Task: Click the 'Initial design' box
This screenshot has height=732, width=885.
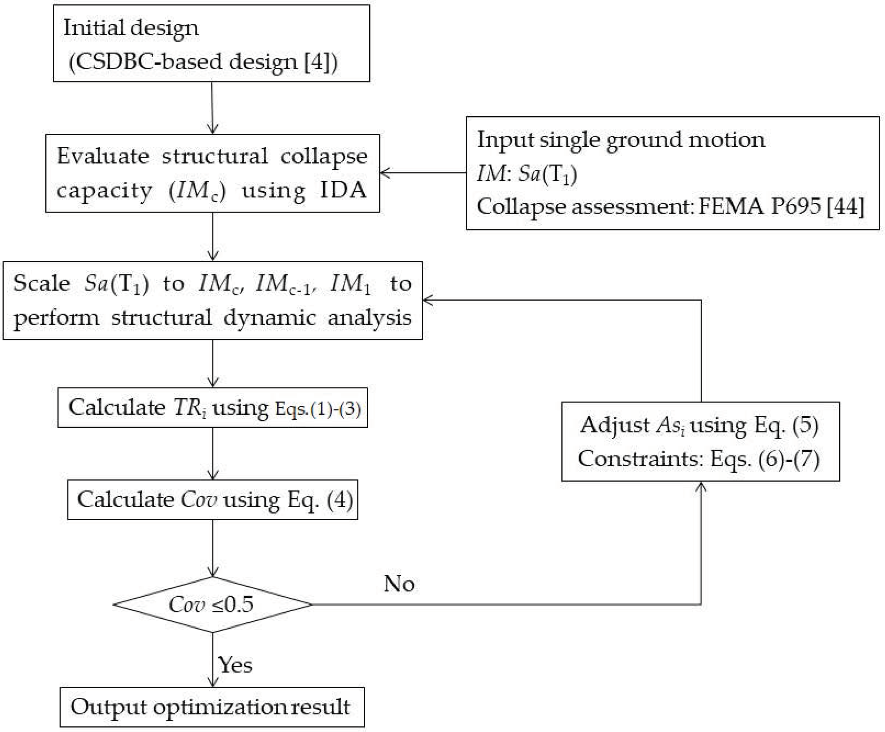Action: pos(211,43)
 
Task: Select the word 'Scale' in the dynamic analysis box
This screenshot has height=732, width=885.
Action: pos(41,283)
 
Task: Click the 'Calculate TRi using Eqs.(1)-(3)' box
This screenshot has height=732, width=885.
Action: pos(213,408)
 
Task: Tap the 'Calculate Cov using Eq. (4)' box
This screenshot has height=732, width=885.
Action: pos(213,499)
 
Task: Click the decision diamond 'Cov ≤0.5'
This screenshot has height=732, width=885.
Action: pos(213,604)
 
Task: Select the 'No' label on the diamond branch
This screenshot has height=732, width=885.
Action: pos(399,584)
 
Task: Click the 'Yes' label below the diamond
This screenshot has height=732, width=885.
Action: pos(235,665)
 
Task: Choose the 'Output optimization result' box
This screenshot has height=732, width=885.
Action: pos(211,707)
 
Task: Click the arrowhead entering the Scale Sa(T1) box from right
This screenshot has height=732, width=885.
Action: pos(428,300)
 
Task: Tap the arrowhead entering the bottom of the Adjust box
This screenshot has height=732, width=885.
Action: pos(701,487)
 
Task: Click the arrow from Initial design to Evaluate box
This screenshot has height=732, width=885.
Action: pos(212,107)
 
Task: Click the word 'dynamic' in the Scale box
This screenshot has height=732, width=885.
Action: pos(269,318)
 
